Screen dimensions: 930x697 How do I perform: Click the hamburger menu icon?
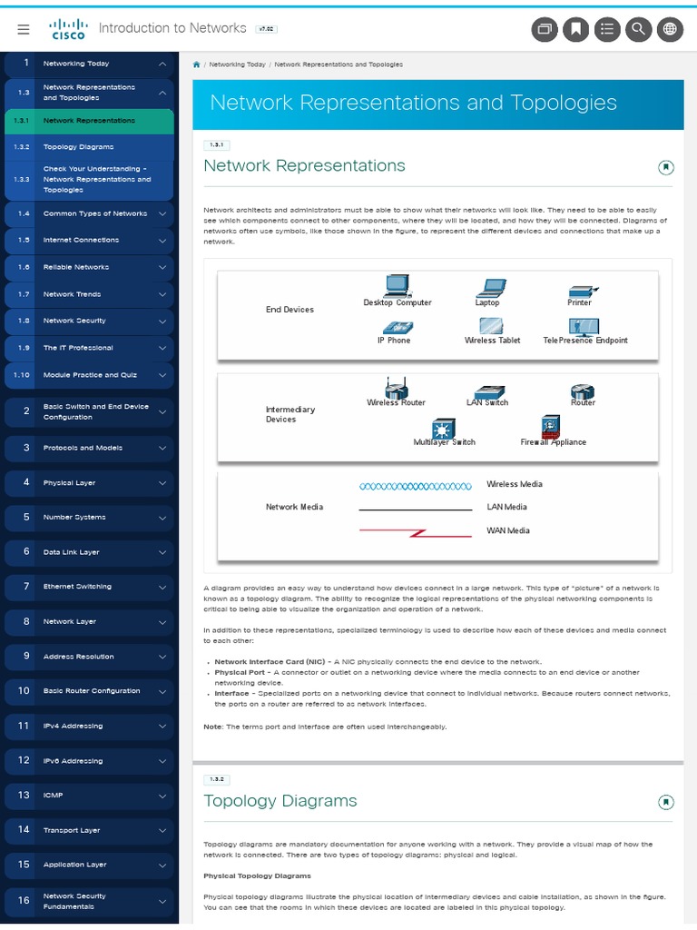(24, 29)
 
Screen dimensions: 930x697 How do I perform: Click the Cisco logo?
(68, 29)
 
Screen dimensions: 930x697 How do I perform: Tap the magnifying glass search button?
(639, 29)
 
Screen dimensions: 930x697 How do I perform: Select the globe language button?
(670, 29)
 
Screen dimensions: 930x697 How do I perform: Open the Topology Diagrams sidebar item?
(78, 146)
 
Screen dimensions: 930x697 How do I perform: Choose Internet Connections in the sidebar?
(81, 240)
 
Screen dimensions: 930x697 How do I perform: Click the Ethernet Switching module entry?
(77, 587)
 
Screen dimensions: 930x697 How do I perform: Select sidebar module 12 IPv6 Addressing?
(73, 761)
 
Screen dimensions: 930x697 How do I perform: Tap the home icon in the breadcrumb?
(197, 64)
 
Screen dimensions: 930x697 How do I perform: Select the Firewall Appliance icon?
(552, 426)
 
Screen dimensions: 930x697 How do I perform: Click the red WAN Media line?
(416, 531)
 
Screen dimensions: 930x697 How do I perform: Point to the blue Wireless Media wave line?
(416, 487)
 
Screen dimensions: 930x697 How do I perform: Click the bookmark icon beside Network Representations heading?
(665, 167)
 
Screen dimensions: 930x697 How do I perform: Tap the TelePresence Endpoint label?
(585, 341)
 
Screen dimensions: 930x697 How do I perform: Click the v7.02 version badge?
(267, 29)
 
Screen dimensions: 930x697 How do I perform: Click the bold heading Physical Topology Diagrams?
(257, 876)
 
